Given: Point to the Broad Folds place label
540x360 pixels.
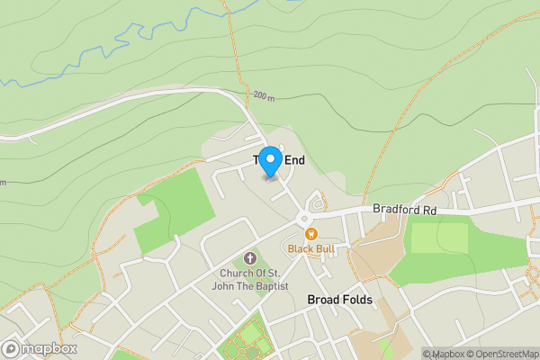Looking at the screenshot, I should (340, 299).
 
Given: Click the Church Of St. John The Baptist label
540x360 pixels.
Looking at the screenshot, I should (250, 280).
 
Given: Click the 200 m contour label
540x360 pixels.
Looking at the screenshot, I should (263, 94).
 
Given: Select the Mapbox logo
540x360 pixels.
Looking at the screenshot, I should (40, 349).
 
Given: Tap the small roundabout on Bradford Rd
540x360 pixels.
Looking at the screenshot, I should (304, 218).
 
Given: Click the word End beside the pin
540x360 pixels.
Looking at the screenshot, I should (295, 160).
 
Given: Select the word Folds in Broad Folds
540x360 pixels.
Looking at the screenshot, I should (357, 299).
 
